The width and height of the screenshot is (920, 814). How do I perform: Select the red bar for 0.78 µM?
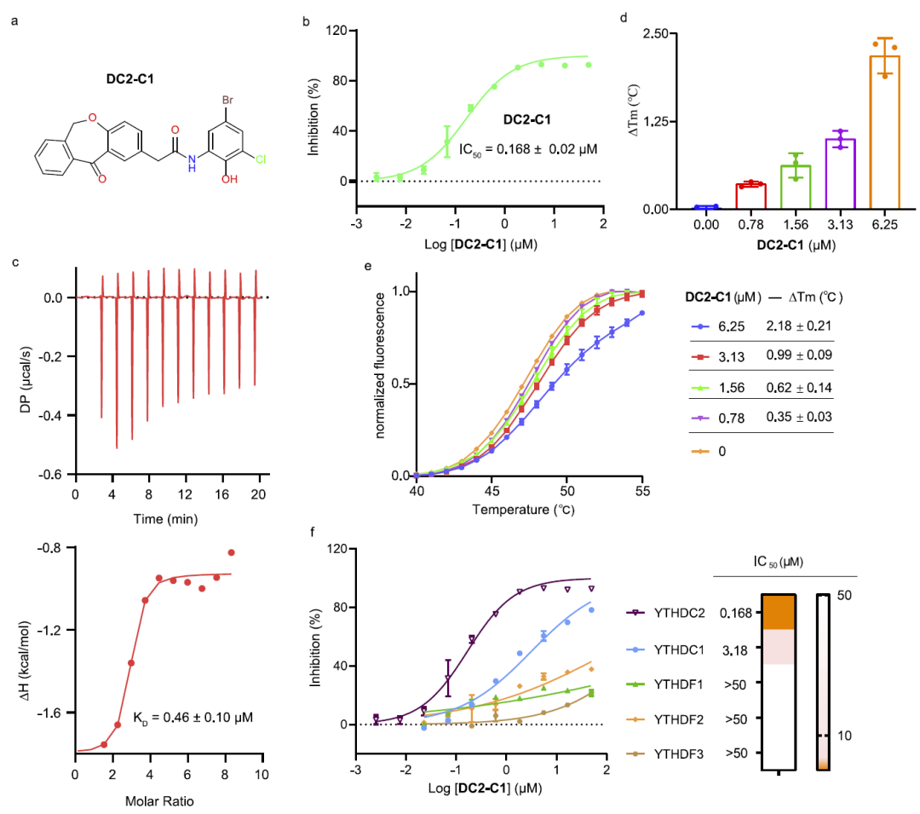point(751,197)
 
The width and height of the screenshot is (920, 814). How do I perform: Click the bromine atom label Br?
point(228,100)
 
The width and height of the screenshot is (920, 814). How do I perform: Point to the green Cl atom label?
point(261,159)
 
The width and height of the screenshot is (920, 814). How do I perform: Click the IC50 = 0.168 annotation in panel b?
point(527,149)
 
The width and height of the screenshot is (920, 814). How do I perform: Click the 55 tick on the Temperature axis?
point(642,492)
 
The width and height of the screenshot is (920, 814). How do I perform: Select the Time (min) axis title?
point(168,517)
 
